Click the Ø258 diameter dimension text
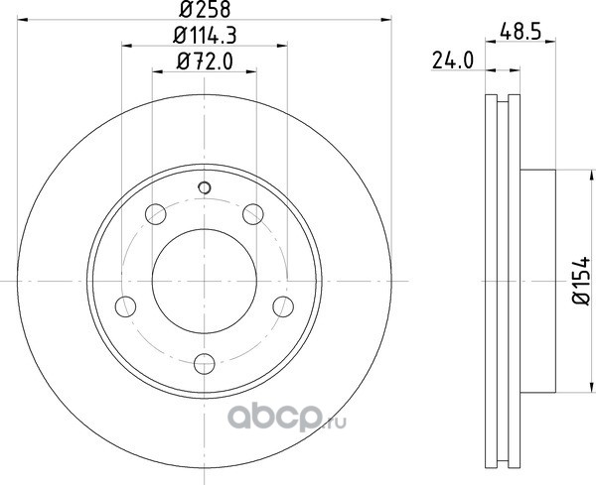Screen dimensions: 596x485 click(x=205, y=10)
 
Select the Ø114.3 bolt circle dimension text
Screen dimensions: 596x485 click(x=205, y=36)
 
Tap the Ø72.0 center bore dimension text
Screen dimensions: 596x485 click(x=205, y=61)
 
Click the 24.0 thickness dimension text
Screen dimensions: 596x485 click(x=453, y=61)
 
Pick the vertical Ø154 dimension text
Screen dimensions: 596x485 click(x=581, y=281)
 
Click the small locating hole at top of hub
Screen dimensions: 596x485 click(x=205, y=187)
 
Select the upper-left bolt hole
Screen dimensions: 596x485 click(x=156, y=214)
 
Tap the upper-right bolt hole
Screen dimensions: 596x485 click(x=253, y=214)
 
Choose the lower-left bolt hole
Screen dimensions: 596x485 click(x=125, y=306)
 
